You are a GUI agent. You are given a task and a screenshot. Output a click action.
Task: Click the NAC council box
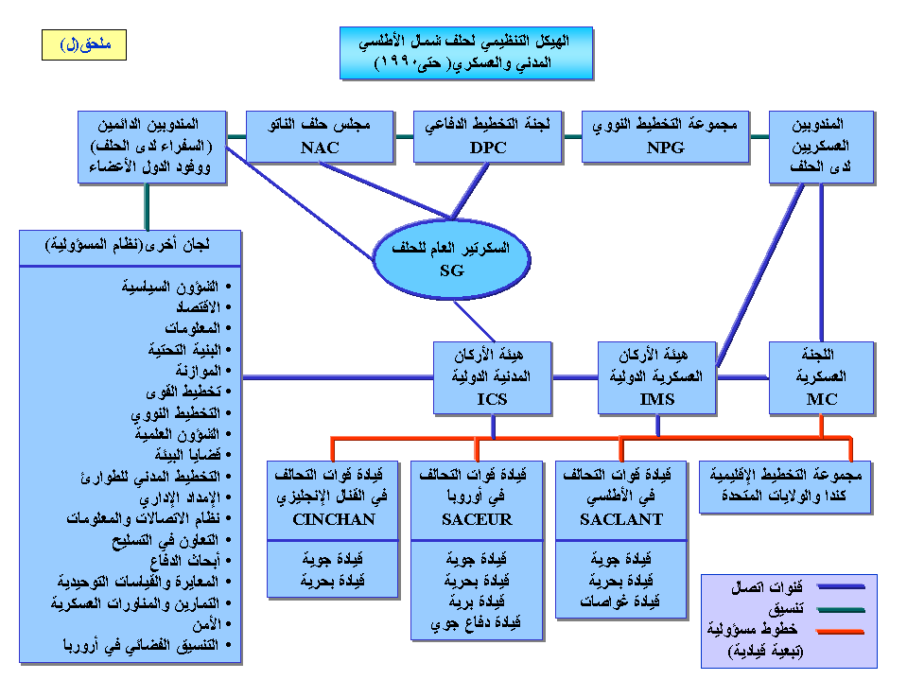pyautogui.click(x=321, y=135)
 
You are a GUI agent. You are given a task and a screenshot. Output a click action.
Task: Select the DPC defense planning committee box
pyautogui.click(x=488, y=135)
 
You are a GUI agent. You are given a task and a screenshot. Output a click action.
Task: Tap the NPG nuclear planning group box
pyautogui.click(x=665, y=135)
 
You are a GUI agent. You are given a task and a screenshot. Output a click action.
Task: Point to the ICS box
pyautogui.click(x=492, y=377)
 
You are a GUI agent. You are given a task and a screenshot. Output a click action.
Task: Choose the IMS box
pyautogui.click(x=657, y=377)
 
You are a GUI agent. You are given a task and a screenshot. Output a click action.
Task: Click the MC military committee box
pyautogui.click(x=822, y=377)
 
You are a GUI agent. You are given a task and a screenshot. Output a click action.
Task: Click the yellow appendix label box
pyautogui.click(x=84, y=44)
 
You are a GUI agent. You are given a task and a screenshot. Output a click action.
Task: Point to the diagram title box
pyautogui.click(x=467, y=52)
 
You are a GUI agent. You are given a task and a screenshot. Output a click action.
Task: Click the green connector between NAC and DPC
pyautogui.click(x=404, y=136)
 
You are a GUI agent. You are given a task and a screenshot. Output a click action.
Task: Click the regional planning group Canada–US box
pyautogui.click(x=784, y=486)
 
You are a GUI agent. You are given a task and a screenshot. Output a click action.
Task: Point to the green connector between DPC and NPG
pyautogui.click(x=572, y=136)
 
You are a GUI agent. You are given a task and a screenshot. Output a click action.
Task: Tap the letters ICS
pyautogui.click(x=492, y=399)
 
